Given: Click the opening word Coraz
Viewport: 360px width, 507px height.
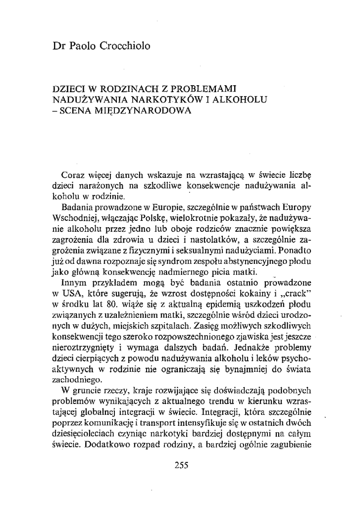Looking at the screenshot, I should [73, 175].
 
